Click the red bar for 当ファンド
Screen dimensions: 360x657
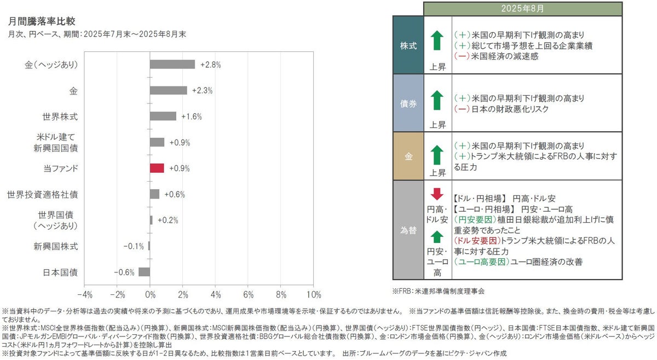point(157,168)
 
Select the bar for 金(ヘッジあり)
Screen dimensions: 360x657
point(172,64)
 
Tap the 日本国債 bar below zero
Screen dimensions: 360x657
point(145,272)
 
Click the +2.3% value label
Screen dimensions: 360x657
point(202,90)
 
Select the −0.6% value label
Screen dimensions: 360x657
point(124,272)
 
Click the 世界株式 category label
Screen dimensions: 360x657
point(60,116)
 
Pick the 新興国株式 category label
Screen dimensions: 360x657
point(56,246)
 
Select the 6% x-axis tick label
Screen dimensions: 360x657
point(248,295)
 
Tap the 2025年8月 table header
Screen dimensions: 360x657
point(523,9)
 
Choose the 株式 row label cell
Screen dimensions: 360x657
point(408,45)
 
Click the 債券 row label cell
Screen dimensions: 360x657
point(408,102)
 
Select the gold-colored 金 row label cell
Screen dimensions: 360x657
point(408,156)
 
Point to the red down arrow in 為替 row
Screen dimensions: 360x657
point(436,194)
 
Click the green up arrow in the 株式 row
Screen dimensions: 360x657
point(436,41)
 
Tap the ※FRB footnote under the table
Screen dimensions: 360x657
point(439,291)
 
